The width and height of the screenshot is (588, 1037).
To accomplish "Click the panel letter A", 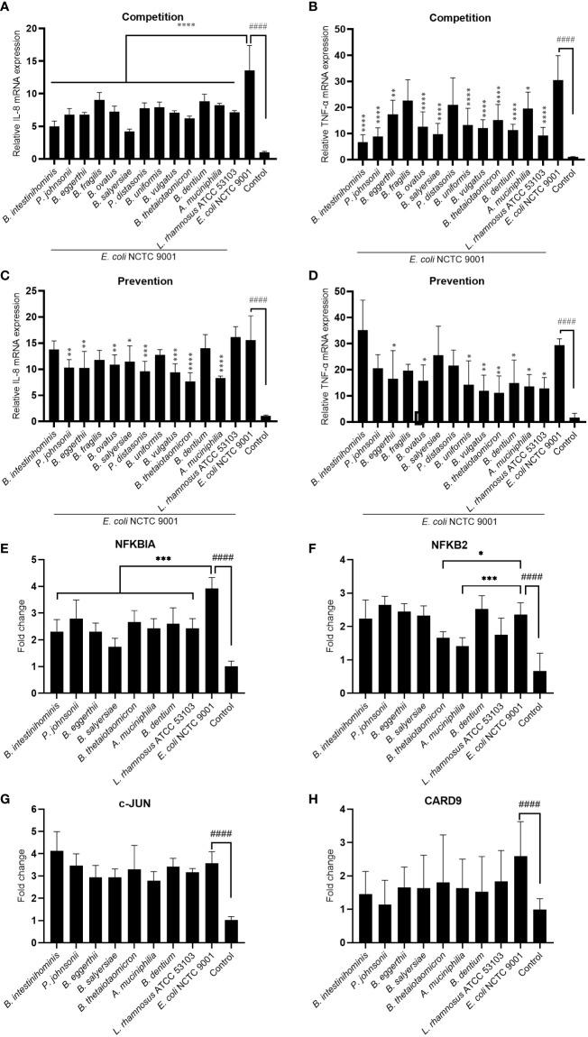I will (x=7, y=9).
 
